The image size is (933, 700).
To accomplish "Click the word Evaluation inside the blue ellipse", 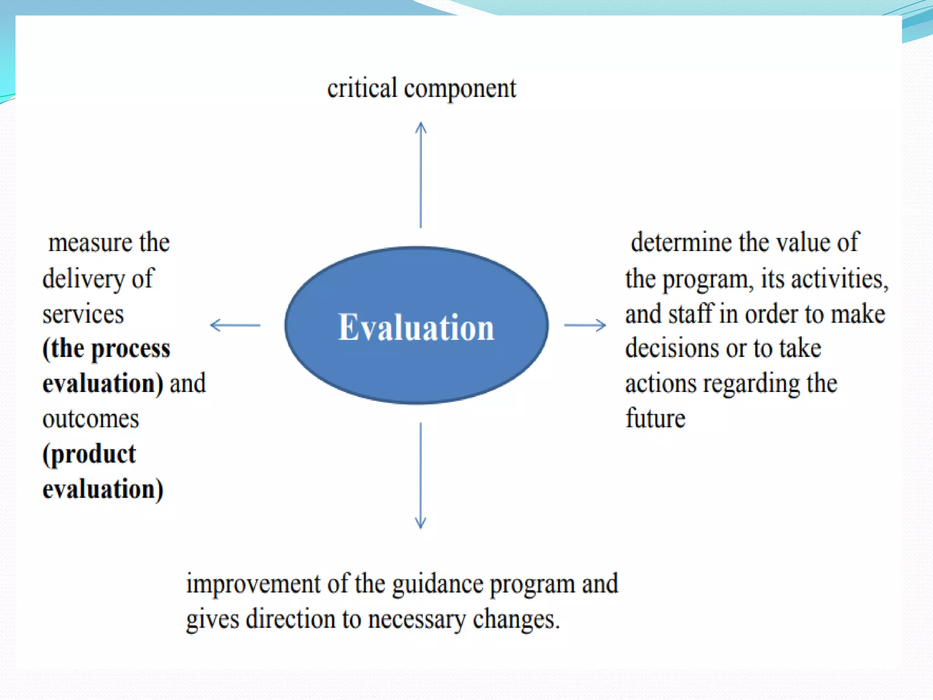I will click(x=416, y=327).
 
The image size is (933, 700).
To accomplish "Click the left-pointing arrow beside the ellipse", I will click(x=235, y=325).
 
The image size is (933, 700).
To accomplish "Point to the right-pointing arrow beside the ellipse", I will click(x=585, y=325).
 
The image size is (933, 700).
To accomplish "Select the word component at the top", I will click(x=460, y=89).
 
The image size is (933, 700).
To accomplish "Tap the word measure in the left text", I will click(x=90, y=242).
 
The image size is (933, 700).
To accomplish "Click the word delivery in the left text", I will click(x=83, y=279).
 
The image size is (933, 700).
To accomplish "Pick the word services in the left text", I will click(x=83, y=314).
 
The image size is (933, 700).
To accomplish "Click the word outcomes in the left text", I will click(x=91, y=419).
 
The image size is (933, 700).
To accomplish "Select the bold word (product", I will click(x=89, y=454).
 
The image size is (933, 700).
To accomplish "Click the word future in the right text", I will click(x=655, y=418).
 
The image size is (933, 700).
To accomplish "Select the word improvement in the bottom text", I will click(x=253, y=584).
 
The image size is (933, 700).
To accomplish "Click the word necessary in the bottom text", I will click(x=417, y=620).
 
